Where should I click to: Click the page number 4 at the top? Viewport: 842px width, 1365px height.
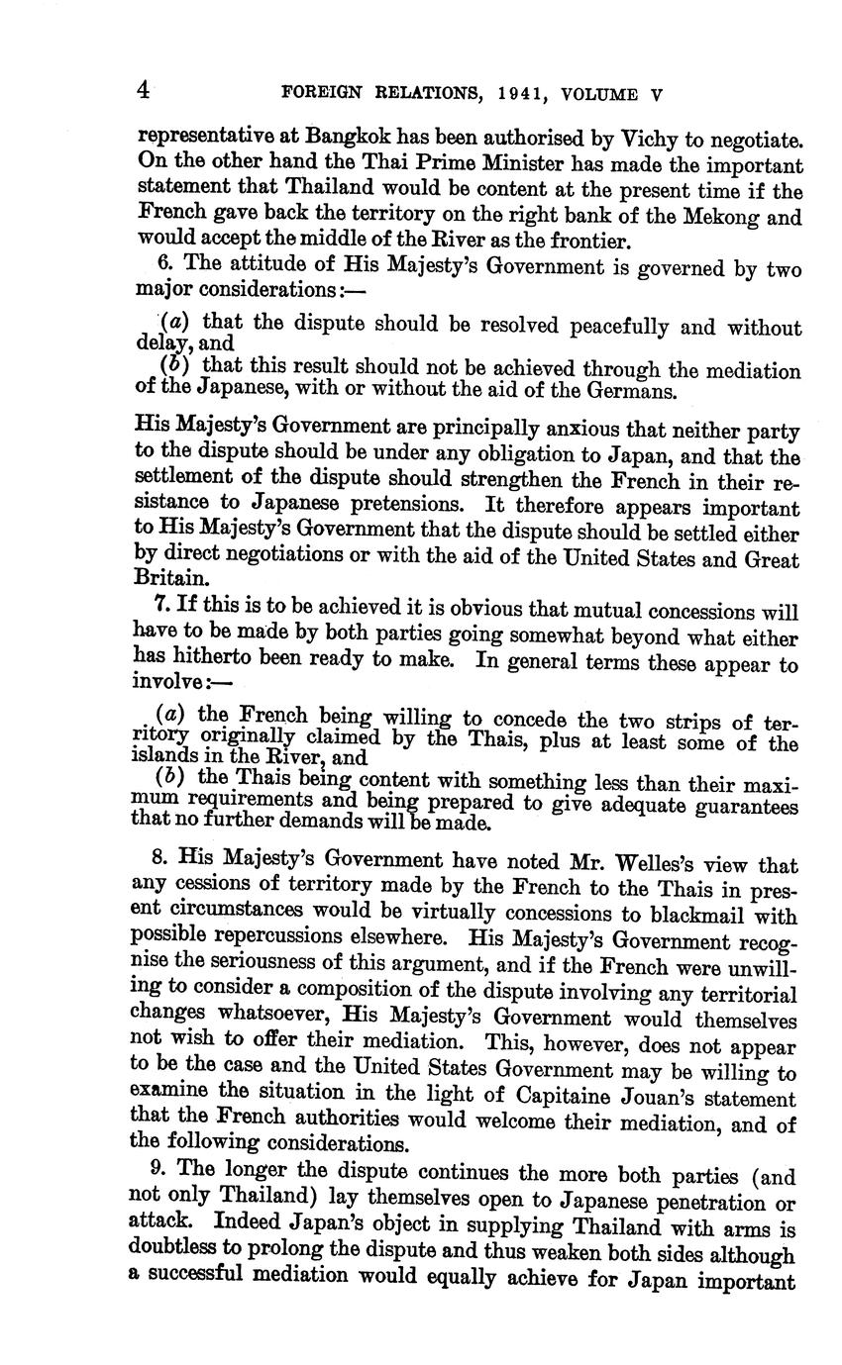point(145,92)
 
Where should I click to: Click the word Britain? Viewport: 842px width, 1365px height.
point(168,577)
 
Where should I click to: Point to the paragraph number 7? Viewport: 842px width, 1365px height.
point(160,607)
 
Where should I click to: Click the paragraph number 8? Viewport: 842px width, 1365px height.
point(160,862)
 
